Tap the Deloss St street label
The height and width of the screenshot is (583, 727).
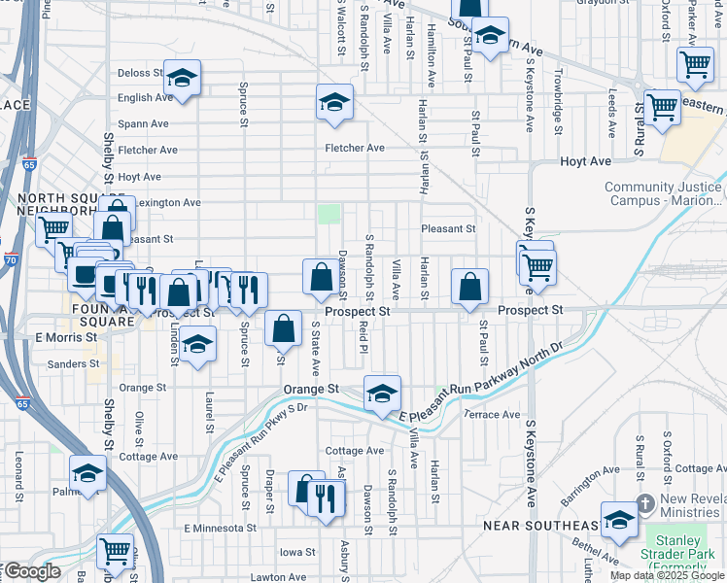pos(140,73)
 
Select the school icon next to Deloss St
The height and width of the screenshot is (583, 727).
pos(181,81)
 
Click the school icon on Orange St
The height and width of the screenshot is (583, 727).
pos(383,394)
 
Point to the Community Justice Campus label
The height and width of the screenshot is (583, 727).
pos(664,194)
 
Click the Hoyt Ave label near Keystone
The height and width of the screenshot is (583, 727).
pos(584,161)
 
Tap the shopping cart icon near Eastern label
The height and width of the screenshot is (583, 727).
pos(662,108)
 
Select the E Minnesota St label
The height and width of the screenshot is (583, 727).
pos(220,529)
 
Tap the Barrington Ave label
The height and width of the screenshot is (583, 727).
pos(589,484)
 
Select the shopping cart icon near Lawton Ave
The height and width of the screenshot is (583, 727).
pos(116,551)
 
